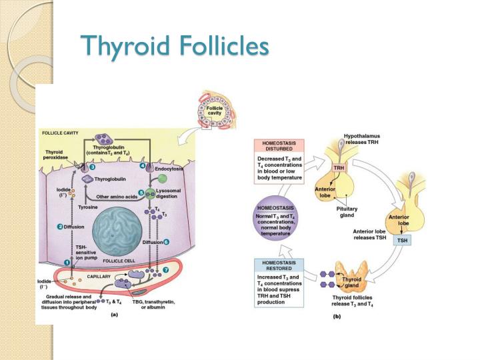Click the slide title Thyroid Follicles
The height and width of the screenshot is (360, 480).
[x=174, y=46]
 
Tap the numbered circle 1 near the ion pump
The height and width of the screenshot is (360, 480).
[x=67, y=263]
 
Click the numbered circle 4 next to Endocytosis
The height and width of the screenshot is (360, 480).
[x=143, y=165]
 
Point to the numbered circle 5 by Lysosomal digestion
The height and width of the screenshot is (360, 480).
[x=141, y=193]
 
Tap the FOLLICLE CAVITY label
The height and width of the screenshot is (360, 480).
[x=62, y=133]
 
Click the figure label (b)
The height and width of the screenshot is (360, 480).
[x=337, y=317]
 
